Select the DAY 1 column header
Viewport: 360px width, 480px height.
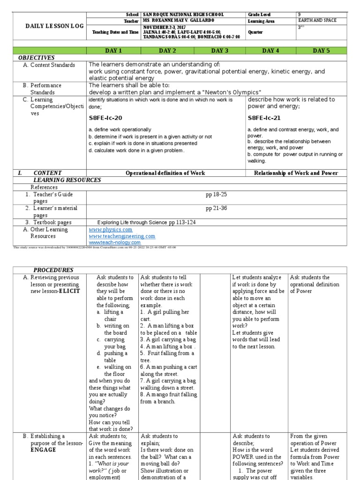(114, 51)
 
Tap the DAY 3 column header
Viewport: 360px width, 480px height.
(219, 51)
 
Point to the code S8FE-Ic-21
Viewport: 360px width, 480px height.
(264, 118)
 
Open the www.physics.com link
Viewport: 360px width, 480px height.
(111, 230)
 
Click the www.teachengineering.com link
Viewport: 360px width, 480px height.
(122, 236)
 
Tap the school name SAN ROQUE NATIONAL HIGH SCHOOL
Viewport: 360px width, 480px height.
(184, 15)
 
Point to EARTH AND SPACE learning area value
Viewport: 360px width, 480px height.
(317, 21)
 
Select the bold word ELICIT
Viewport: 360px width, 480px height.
(69, 291)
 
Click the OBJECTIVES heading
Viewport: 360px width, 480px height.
(37, 58)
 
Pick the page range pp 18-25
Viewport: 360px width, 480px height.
(216, 194)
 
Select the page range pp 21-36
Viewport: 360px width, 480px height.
(216, 208)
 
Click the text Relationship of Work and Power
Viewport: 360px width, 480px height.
(296, 173)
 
